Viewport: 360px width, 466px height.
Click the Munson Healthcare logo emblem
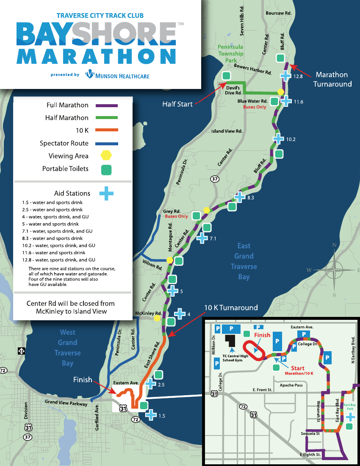(90, 75)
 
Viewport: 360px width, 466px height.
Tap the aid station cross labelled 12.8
(286, 76)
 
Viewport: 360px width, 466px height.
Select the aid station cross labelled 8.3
(240, 197)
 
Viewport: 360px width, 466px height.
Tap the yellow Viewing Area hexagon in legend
(107, 156)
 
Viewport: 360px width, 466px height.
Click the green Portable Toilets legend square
(107, 169)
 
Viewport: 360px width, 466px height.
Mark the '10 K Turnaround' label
(231, 308)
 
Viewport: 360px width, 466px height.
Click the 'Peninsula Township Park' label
(231, 53)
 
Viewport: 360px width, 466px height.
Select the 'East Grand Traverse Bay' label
(244, 261)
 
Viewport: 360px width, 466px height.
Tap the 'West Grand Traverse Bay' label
(68, 348)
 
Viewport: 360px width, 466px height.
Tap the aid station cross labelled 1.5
(151, 415)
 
